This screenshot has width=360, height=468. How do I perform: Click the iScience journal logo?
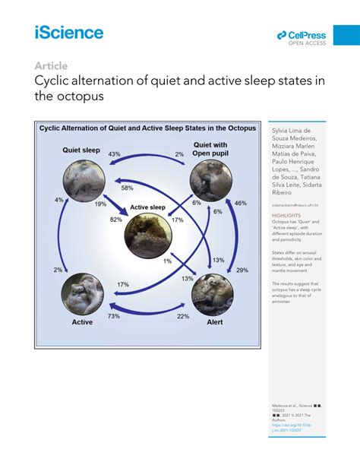pos(68,32)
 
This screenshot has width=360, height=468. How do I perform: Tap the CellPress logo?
pos(302,35)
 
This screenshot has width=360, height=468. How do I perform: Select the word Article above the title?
pos(51,65)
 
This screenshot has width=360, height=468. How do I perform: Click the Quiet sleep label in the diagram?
pos(81,150)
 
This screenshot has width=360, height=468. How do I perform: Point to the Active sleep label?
pos(147,207)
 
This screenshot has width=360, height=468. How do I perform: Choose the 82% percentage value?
pos(116,220)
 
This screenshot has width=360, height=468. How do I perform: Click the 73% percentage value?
pos(114,315)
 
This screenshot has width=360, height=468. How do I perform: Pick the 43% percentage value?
pos(115,154)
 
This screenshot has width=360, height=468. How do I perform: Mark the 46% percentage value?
pos(241,204)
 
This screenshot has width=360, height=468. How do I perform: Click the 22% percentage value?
pos(183,316)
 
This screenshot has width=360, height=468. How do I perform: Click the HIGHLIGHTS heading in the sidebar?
pos(286,215)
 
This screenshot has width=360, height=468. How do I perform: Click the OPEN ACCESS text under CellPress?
pos(307,43)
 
